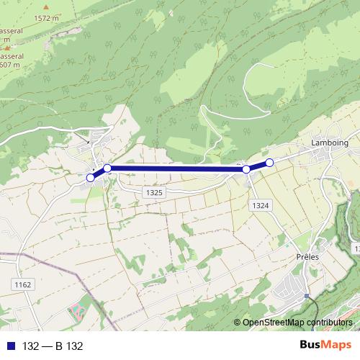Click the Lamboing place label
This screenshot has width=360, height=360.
click(x=329, y=143)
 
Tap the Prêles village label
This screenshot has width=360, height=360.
click(x=307, y=256)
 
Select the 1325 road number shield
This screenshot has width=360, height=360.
click(x=153, y=193)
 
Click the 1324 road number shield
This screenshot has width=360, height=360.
click(x=261, y=206)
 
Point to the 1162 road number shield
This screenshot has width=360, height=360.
click(x=22, y=285)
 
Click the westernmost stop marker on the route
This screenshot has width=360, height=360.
click(x=90, y=177)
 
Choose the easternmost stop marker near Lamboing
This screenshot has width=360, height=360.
click(x=269, y=163)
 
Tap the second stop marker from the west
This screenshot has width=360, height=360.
click(x=107, y=168)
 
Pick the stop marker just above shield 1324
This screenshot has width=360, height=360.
click(x=246, y=169)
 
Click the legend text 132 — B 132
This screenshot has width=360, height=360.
click(x=53, y=346)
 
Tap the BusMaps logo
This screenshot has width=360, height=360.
click(x=325, y=346)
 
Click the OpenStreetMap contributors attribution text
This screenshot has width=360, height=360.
click(x=297, y=322)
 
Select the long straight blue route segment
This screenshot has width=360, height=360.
click(x=176, y=169)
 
